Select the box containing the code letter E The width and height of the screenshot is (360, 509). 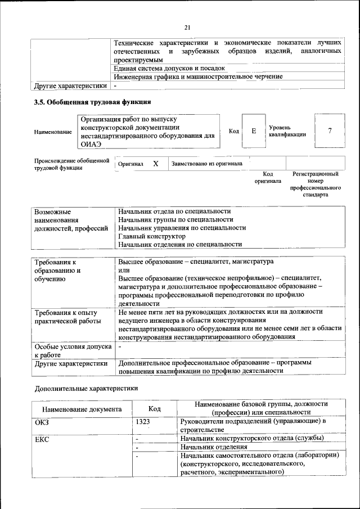[x=254, y=131]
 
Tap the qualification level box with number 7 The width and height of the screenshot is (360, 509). [x=330, y=131]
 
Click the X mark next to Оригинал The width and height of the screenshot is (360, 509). [x=156, y=164]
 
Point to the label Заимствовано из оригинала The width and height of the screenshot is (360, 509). [x=207, y=164]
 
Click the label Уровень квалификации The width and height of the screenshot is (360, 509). [x=287, y=131]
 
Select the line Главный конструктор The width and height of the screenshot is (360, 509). [x=151, y=236]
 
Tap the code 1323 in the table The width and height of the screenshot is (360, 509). [x=143, y=421]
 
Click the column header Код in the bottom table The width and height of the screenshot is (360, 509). [x=155, y=409]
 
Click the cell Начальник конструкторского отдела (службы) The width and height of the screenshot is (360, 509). [x=251, y=438]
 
